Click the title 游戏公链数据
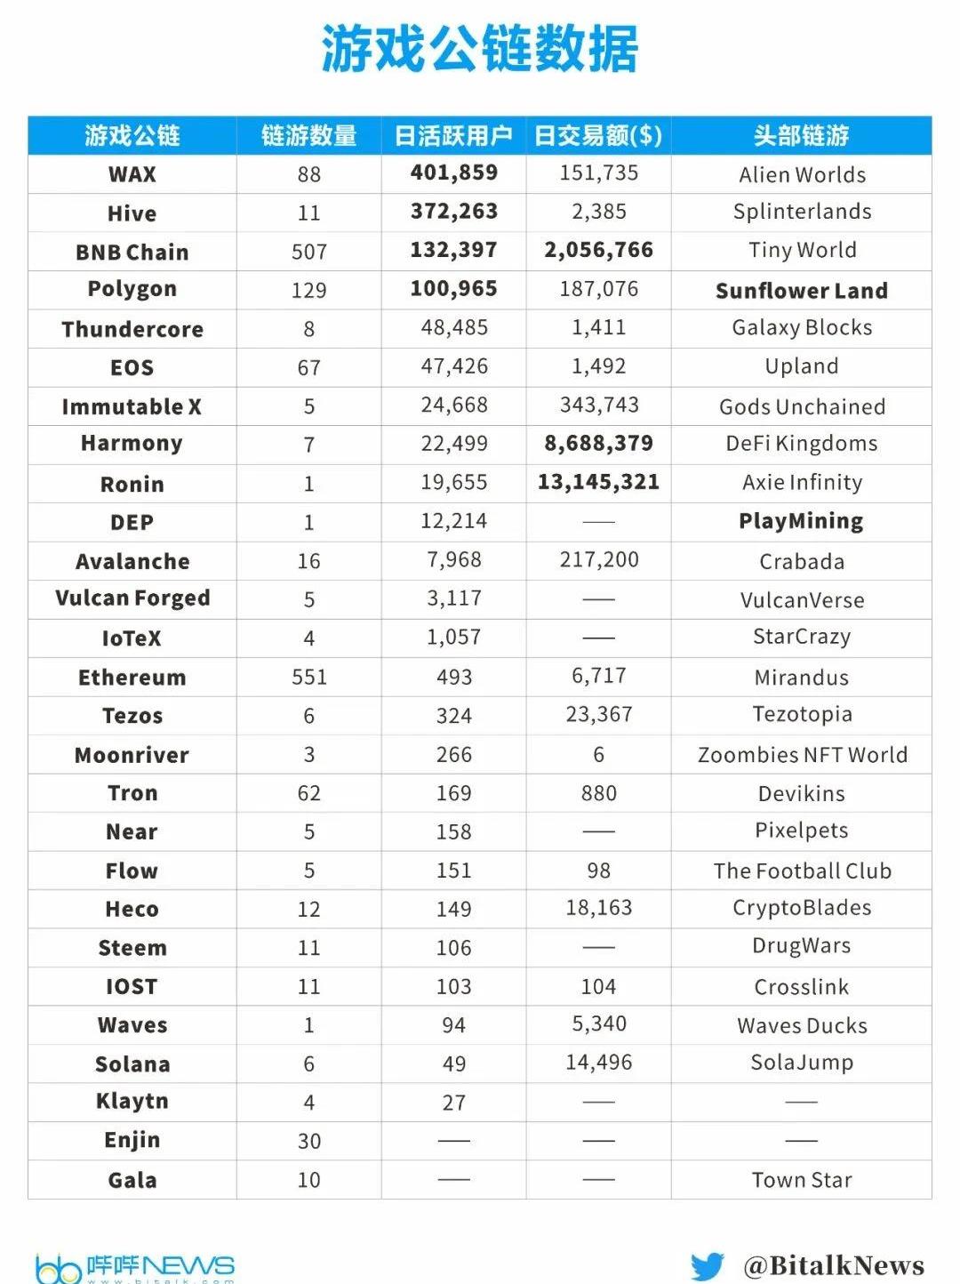pyautogui.click(x=480, y=49)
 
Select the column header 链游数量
pyautogui.click(x=308, y=136)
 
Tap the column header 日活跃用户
pyautogui.click(x=453, y=136)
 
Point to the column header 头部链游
pyautogui.click(x=801, y=136)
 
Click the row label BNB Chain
pyautogui.click(x=132, y=253)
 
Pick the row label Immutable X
pyautogui.click(x=132, y=407)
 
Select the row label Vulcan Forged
pyautogui.click(x=132, y=598)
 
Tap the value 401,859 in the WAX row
pyautogui.click(x=453, y=173)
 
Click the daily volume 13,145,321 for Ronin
pyautogui.click(x=598, y=482)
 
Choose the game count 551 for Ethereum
pyautogui.click(x=308, y=678)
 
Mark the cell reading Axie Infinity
pyautogui.click(x=802, y=483)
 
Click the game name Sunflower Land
pyautogui.click(x=801, y=291)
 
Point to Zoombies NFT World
pyautogui.click(x=802, y=755)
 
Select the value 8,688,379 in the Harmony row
pyautogui.click(x=598, y=444)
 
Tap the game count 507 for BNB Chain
pyautogui.click(x=308, y=253)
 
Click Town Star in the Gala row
pyautogui.click(x=802, y=1180)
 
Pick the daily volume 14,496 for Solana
pyautogui.click(x=598, y=1063)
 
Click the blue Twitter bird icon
pyautogui.click(x=708, y=1266)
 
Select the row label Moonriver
pyautogui.click(x=132, y=756)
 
